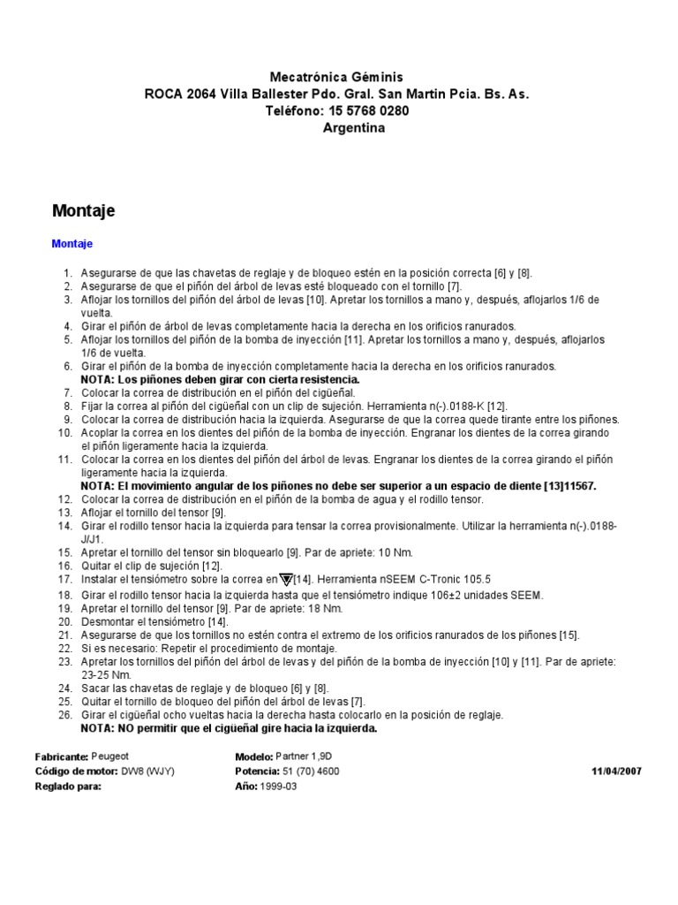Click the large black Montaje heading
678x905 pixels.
click(83, 210)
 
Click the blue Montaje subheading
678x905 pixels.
click(72, 243)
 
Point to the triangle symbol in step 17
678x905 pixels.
click(285, 579)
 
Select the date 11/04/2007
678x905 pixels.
click(616, 772)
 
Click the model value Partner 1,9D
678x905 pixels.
click(308, 757)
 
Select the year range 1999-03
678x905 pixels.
click(280, 786)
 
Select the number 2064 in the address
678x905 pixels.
click(200, 94)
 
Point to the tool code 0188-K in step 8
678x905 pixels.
click(459, 406)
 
